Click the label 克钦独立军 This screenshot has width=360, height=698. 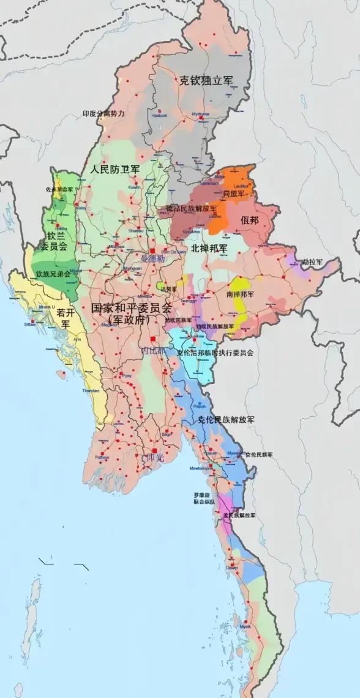coord(206,80)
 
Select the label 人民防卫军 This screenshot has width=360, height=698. coord(114,168)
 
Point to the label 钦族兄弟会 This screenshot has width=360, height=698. coord(53,274)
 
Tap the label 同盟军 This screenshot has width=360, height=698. coord(233,193)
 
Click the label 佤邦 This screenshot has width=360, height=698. coord(250,220)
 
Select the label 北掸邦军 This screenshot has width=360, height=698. coord(209,249)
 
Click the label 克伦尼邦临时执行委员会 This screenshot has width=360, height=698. coord(215,353)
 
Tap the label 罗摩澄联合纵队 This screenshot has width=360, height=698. coord(204,497)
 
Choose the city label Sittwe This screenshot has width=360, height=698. coord(29,325)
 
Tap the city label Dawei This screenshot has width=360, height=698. coord(233,568)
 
